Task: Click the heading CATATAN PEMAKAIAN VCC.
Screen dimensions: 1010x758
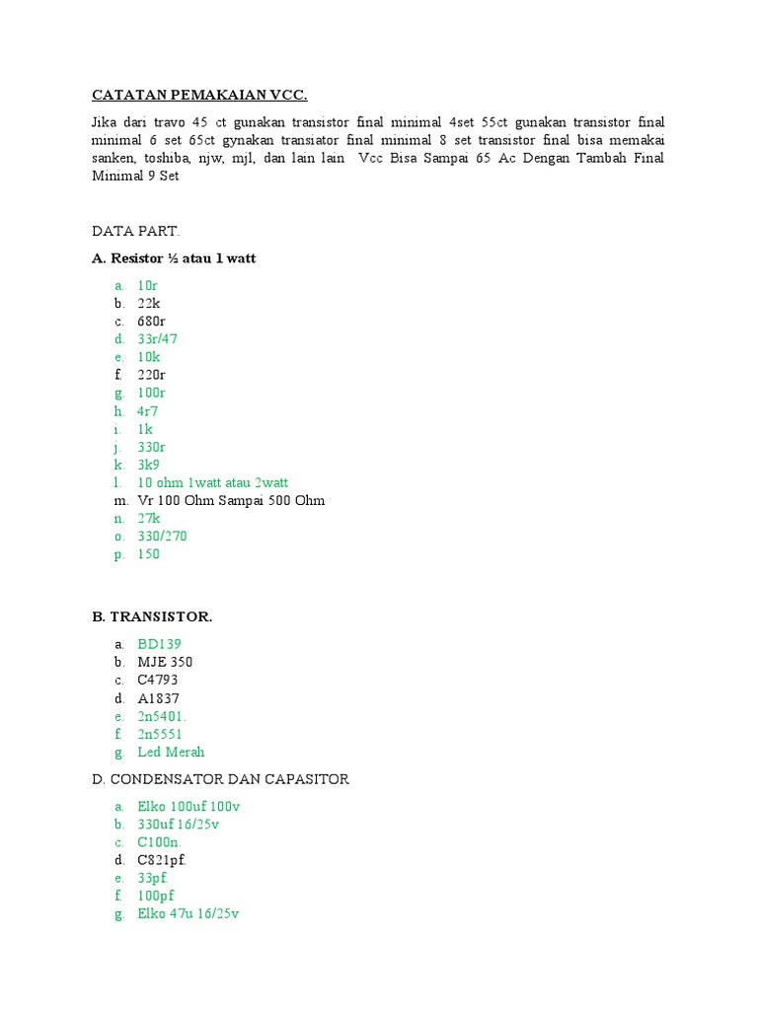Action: [x=199, y=95]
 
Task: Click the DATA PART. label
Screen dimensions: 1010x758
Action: [x=136, y=231]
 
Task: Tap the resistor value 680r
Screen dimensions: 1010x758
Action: [x=151, y=321]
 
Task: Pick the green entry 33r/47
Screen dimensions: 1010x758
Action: [x=157, y=339]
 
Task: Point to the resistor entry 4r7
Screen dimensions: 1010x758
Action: [x=148, y=410]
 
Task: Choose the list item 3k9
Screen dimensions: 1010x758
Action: [x=149, y=465]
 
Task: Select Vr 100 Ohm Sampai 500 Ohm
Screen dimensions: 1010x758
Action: [x=231, y=500]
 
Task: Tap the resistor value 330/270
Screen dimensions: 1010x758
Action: [x=162, y=536]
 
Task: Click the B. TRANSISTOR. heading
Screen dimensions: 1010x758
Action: [x=152, y=616]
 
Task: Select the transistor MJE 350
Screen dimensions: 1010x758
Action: [x=165, y=662]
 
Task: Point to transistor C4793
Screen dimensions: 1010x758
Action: [x=158, y=680]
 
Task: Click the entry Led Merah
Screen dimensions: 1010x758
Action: [x=171, y=752]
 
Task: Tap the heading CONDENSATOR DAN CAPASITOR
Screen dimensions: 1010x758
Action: [x=229, y=779]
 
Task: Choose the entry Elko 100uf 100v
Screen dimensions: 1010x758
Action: [x=189, y=806]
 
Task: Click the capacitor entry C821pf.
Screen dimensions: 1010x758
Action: [x=162, y=859]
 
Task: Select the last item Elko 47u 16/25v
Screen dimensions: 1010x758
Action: [x=189, y=913]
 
